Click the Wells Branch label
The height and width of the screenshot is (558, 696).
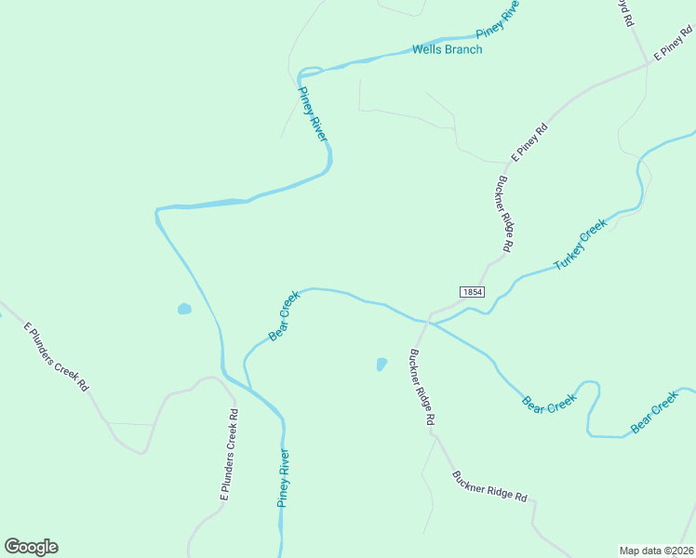point(447,49)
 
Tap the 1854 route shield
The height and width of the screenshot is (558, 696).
point(472,291)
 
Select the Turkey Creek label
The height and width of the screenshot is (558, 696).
point(580,244)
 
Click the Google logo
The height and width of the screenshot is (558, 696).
point(31,547)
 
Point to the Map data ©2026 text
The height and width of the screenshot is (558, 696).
point(656,550)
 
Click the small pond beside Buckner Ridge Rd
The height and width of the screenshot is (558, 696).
point(381,364)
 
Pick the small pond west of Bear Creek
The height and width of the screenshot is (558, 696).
point(184,309)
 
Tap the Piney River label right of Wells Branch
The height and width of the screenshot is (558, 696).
point(498,18)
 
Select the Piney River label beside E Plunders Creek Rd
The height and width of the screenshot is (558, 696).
point(284,478)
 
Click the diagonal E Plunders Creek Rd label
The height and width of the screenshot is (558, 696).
point(56,356)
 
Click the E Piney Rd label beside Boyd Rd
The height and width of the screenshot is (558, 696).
point(673,43)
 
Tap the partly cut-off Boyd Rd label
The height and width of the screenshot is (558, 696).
point(627,12)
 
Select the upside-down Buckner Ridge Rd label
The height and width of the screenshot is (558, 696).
point(506,214)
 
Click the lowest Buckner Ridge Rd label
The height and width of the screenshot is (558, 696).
point(490,485)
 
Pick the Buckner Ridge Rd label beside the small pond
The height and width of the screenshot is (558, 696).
point(420,387)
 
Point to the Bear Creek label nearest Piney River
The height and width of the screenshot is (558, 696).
point(284,315)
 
